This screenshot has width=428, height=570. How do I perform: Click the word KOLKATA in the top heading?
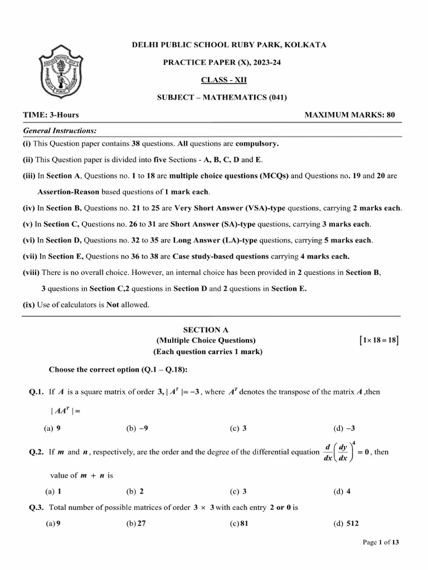pos(308,45)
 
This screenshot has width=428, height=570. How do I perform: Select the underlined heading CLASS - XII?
pos(222,80)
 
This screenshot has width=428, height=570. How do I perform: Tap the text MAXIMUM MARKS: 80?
pos(349,115)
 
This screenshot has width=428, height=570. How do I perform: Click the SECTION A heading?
pos(206,330)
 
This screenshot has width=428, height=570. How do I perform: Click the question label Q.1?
pos(36,392)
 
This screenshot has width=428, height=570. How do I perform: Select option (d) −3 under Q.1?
pos(344,429)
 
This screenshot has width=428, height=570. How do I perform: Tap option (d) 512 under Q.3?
pos(346,524)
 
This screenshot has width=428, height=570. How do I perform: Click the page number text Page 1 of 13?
pos(381,543)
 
